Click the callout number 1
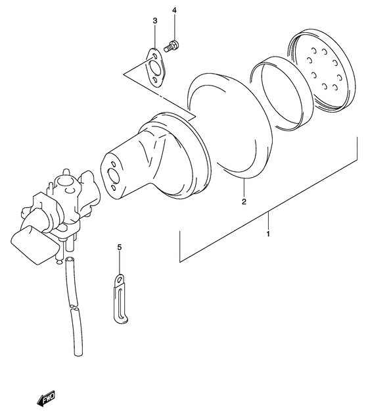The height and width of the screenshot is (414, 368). (267, 233)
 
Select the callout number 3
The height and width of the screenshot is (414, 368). (154, 21)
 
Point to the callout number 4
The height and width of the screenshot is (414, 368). (175, 11)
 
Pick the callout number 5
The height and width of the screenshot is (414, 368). (120, 247)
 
